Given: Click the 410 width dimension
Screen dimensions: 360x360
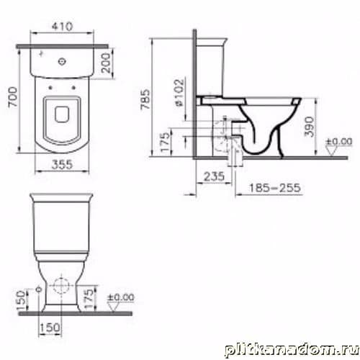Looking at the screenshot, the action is pos(62,26).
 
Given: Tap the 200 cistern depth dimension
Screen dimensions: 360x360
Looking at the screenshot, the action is pos(106,63).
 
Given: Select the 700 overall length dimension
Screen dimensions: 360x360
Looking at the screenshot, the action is pos(13,96).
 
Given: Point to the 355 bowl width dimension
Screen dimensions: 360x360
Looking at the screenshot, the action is pos(62,165).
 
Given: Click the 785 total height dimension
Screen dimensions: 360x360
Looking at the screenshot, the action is pos(145,99).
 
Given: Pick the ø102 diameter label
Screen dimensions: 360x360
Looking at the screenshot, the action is pos(180,92).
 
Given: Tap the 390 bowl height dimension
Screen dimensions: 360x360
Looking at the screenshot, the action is pos(310,127).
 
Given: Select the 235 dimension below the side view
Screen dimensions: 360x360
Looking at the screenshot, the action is pos(214,176).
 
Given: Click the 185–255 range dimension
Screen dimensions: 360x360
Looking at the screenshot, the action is pos(275,188).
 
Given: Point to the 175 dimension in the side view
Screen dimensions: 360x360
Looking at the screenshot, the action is pos(165,142).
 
